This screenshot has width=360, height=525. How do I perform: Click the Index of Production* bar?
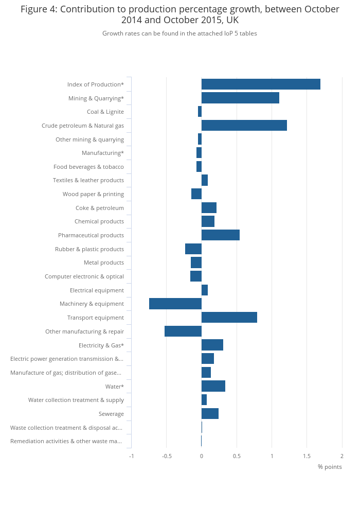(261, 84)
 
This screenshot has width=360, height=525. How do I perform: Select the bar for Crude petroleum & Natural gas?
(244, 126)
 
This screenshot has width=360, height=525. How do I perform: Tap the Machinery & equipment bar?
(175, 304)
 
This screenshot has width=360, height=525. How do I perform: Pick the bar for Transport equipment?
(229, 318)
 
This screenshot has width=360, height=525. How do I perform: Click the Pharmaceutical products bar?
(220, 235)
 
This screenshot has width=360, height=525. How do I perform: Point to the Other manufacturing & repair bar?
(183, 331)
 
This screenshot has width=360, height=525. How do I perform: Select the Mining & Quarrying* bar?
(240, 98)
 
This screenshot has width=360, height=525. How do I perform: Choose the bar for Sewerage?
(210, 414)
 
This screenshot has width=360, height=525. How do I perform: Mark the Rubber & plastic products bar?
(193, 249)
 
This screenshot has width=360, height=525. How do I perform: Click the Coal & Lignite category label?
(105, 112)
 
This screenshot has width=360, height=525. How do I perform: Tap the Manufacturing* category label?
(103, 153)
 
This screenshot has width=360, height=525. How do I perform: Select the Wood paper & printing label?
(93, 194)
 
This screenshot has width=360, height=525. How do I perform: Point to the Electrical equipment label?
(97, 290)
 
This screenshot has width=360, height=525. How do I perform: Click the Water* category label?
(114, 387)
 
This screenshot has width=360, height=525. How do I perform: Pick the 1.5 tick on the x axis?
(307, 456)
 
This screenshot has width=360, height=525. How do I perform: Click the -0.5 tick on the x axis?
(166, 456)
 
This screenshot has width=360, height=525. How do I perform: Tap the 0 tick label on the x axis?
(202, 456)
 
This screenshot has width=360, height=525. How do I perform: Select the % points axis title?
(330, 467)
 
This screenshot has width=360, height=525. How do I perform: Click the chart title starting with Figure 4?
(180, 14)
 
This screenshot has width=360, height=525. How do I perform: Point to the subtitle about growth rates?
(179, 33)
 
